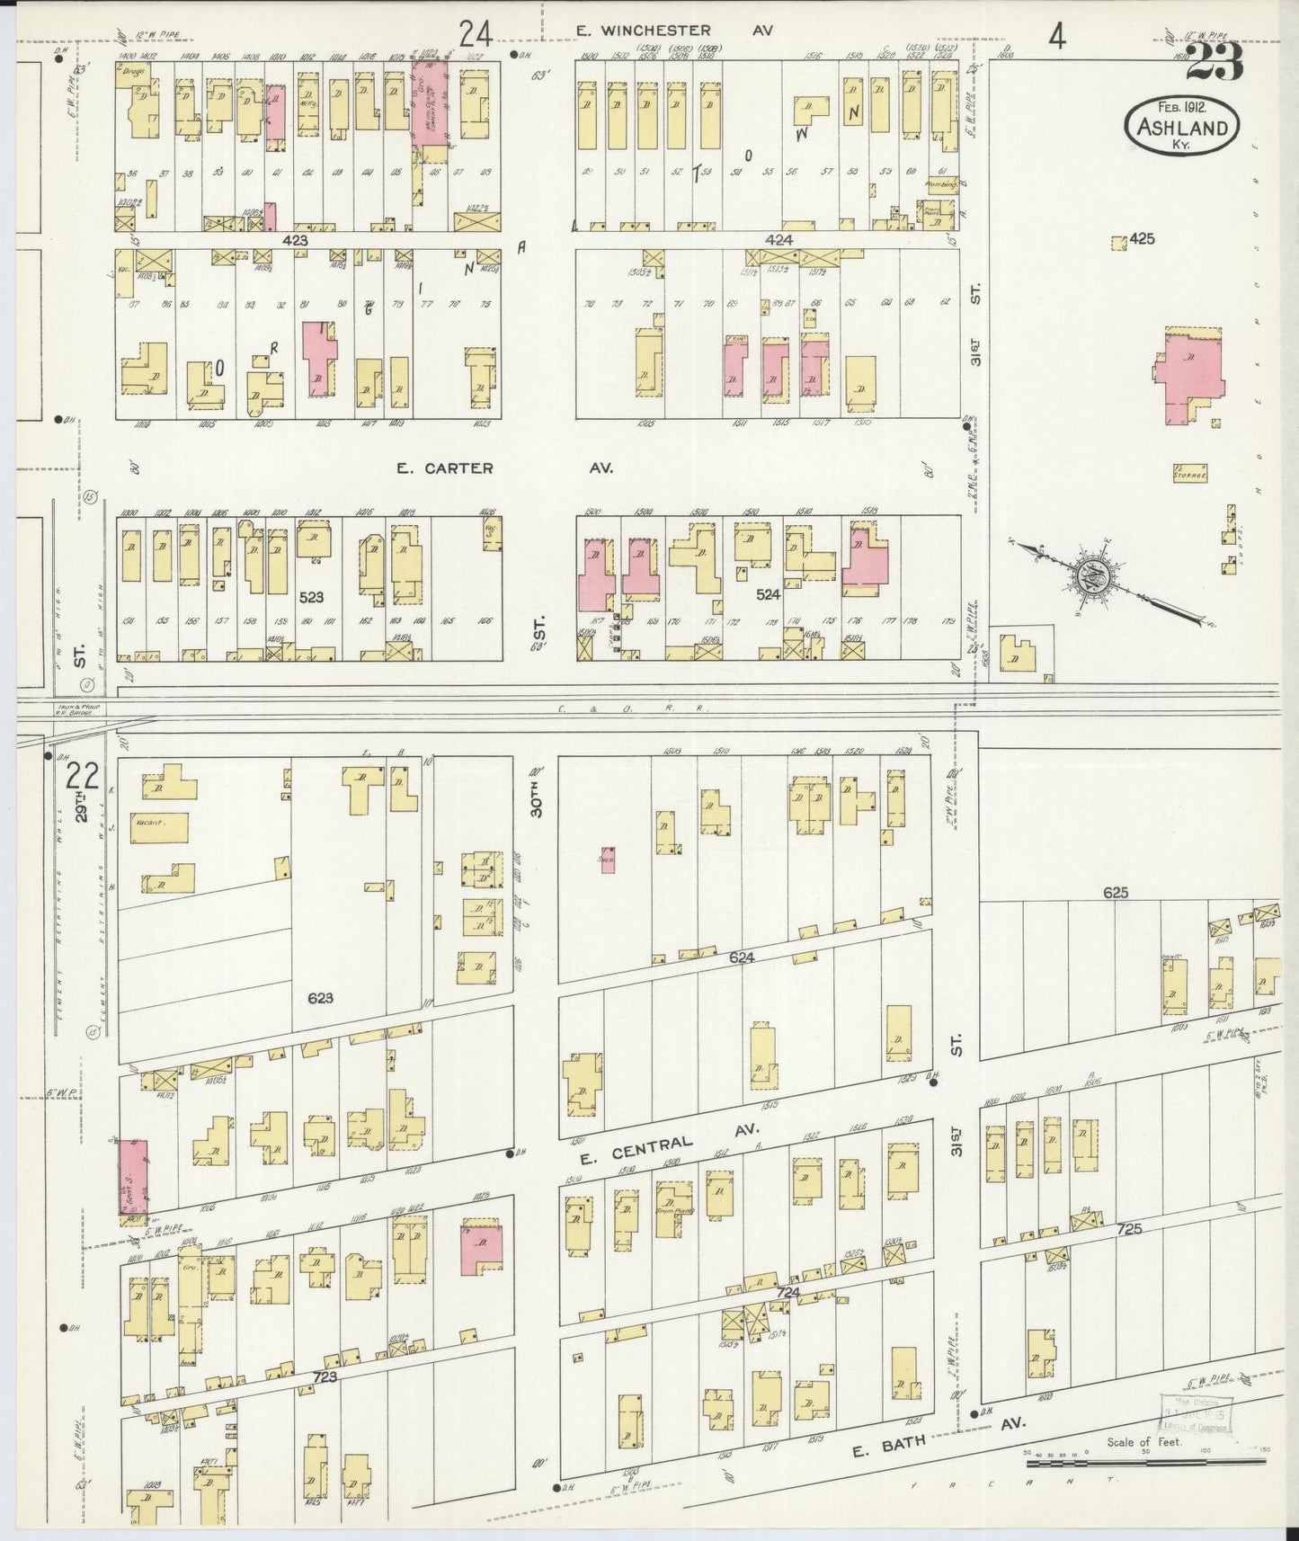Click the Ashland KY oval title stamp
1181,125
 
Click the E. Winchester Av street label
674,31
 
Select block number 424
778,240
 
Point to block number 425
1142,239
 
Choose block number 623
320,997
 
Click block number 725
1129,1228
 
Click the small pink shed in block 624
608,860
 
